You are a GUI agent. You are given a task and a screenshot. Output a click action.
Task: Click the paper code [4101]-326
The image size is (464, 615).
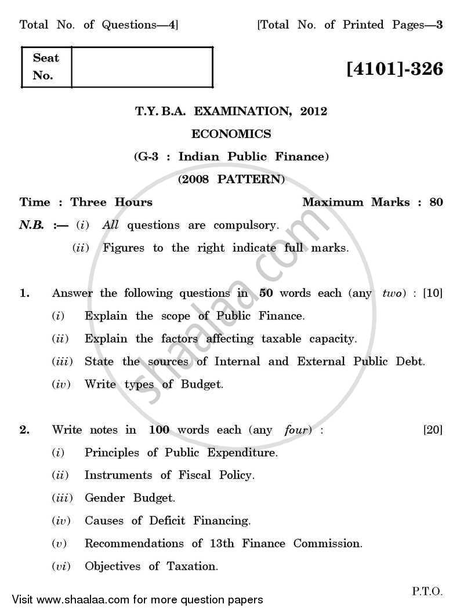click(x=394, y=69)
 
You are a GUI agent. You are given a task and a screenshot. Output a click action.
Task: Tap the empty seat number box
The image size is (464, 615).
click(x=142, y=67)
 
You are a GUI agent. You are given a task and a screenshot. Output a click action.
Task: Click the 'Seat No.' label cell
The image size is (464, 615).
click(x=46, y=67)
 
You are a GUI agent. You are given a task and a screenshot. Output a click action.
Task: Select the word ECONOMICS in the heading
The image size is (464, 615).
click(x=231, y=134)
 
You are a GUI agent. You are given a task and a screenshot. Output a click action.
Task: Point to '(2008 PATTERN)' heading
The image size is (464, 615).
click(x=231, y=179)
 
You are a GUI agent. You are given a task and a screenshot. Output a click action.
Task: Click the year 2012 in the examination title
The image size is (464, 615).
click(x=314, y=111)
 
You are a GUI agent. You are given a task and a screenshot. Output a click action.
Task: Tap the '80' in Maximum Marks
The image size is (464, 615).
click(x=436, y=202)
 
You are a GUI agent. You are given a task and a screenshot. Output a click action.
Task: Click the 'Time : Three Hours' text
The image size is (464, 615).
click(x=86, y=202)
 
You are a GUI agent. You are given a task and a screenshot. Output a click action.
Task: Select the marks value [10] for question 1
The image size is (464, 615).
click(x=433, y=293)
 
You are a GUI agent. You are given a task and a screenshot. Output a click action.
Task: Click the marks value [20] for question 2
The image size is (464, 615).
click(x=433, y=430)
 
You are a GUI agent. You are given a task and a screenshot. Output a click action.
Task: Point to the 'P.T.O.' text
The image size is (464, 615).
click(x=427, y=592)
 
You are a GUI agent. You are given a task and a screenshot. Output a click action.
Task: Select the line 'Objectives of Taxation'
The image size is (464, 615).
click(x=151, y=566)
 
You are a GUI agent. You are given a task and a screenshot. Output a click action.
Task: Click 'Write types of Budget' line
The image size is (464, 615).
click(x=154, y=384)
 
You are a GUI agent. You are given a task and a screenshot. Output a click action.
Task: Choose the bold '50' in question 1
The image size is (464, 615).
click(x=266, y=293)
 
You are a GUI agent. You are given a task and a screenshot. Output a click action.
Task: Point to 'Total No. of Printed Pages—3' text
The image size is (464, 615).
click(x=350, y=25)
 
